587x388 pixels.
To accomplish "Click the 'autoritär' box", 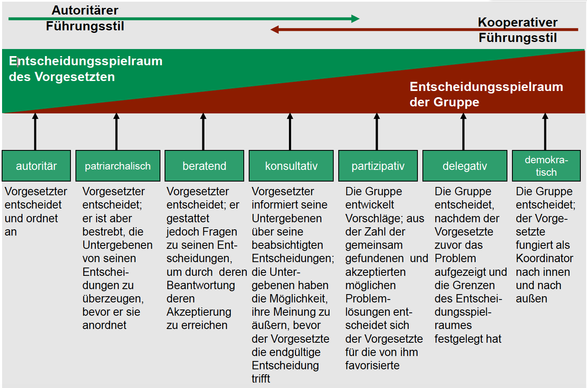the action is pos(36,166).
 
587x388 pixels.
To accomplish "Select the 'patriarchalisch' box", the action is pos(118,166).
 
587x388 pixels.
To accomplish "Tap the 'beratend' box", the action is pos(204,166).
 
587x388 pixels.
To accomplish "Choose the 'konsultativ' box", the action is pos(291,166).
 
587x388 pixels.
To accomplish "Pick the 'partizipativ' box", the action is pos(378,166).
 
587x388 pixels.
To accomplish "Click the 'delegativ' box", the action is pos(465,166).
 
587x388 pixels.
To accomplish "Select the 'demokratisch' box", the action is pos(546,166).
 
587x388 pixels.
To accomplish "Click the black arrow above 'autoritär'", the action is pos(35,132).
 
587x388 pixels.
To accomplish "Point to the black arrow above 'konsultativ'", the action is pos(290,132).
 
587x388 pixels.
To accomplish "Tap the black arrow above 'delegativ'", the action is pos(463,132).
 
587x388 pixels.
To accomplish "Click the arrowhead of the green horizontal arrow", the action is pos(355,19).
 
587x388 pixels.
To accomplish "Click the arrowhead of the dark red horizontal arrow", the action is pos(274,29).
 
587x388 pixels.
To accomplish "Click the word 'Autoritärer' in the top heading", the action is pos(85,10).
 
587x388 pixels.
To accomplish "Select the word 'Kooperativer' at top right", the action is pos(517,22).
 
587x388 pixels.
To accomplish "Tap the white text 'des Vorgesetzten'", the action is pos(62,77).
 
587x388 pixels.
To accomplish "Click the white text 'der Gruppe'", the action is pos(444,102).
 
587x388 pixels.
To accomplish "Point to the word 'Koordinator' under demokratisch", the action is pos(545,258).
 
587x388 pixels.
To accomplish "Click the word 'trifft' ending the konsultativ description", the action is pos(261,379).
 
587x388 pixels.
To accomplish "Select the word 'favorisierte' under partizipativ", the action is pos(372,366).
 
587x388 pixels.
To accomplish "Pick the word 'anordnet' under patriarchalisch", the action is pos(104,325).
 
